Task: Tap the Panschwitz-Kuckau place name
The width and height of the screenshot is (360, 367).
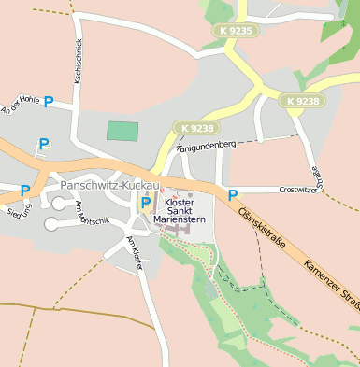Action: [98, 185]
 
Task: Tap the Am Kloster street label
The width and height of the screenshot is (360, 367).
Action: [134, 252]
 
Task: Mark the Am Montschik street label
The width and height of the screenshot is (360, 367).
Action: [93, 213]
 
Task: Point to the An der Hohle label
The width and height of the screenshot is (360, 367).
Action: [21, 106]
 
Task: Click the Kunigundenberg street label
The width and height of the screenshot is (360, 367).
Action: [205, 146]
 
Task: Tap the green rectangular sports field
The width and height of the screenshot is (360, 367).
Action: [122, 131]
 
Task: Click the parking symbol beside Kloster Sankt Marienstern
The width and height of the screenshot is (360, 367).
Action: [146, 203]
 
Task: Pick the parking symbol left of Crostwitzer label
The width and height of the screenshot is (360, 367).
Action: [233, 195]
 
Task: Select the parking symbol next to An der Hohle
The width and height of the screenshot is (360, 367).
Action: [48, 102]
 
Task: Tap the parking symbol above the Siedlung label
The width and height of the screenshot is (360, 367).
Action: [25, 191]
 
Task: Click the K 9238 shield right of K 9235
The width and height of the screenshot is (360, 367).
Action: [303, 101]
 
